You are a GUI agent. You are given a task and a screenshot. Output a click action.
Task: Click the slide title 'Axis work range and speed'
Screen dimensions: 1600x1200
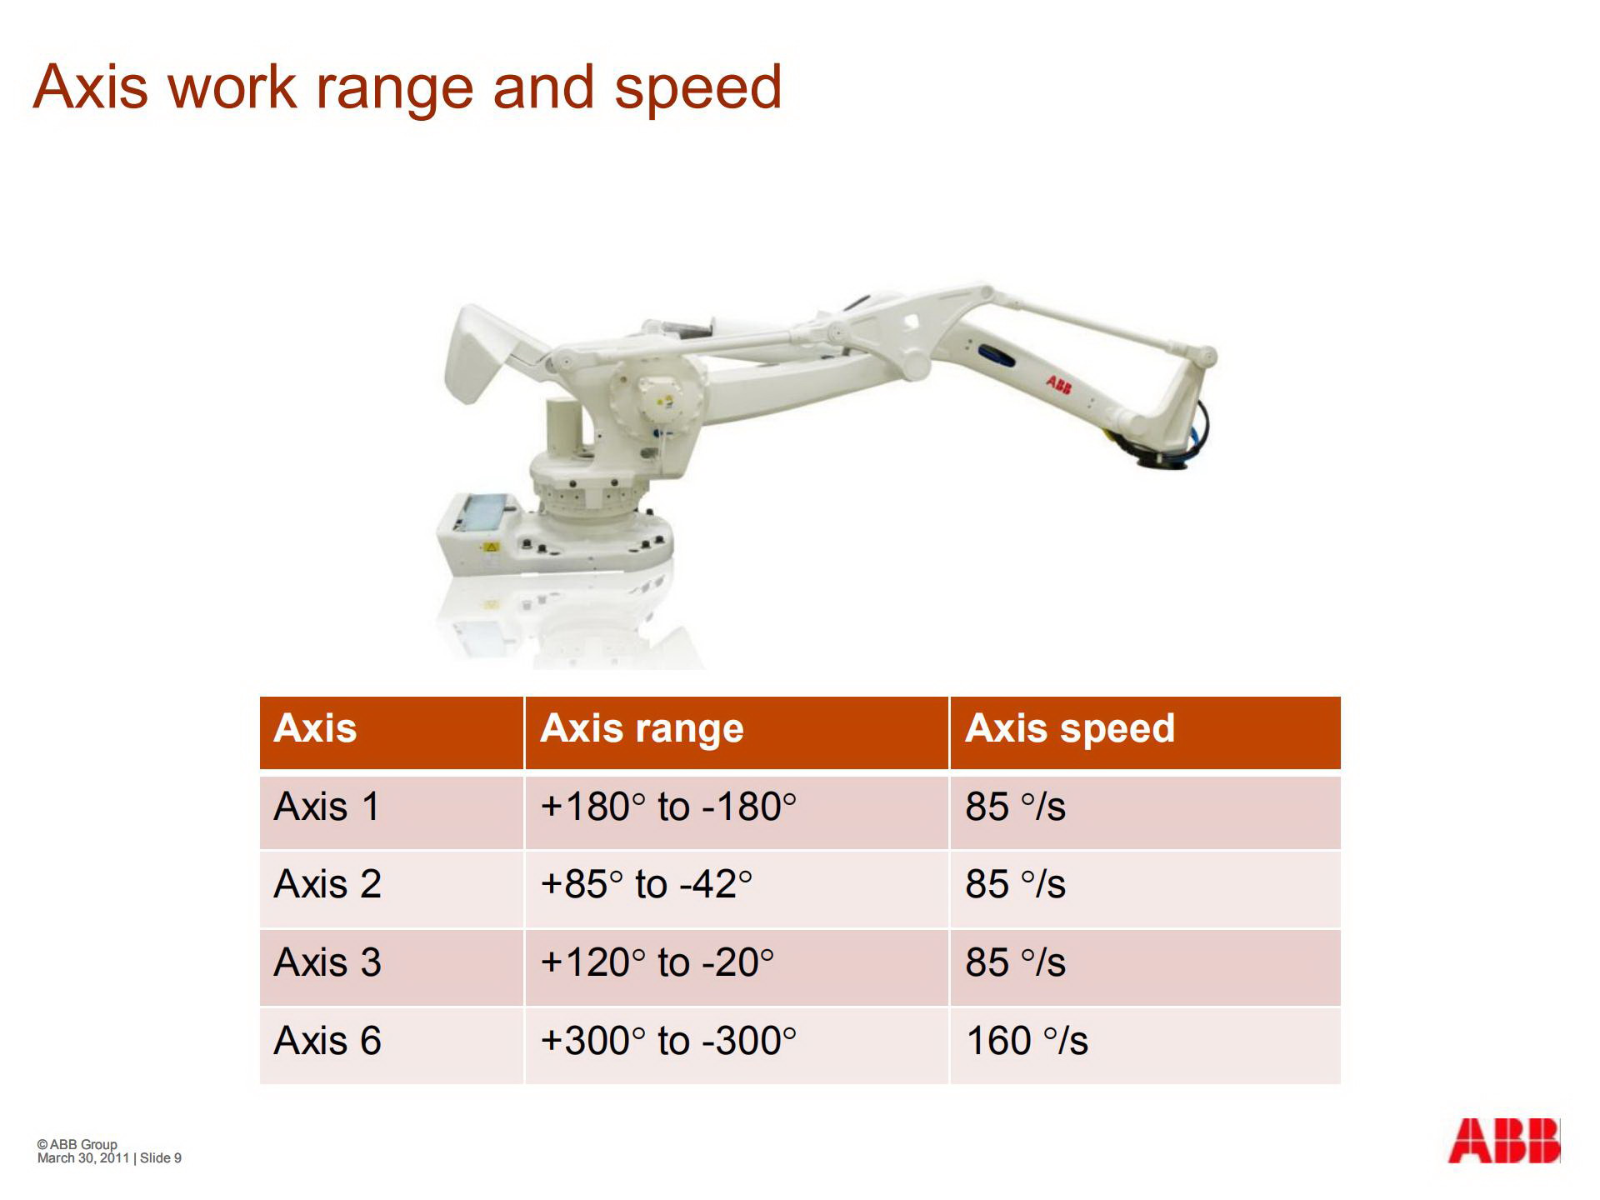pyautogui.click(x=407, y=87)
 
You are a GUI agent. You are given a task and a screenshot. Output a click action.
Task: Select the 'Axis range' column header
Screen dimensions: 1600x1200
pyautogui.click(x=642, y=728)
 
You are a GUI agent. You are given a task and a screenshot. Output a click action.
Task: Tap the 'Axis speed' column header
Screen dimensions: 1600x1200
pyautogui.click(x=1070, y=728)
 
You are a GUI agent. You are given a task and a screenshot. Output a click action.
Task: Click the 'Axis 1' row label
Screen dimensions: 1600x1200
pyautogui.click(x=327, y=807)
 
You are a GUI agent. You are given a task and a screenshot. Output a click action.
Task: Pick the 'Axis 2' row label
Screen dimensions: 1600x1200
pyautogui.click(x=327, y=884)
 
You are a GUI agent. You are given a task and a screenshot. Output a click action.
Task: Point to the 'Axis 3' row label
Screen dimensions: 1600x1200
pyautogui.click(x=327, y=962)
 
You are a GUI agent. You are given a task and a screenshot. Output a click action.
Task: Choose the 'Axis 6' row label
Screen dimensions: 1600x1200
pyautogui.click(x=327, y=1041)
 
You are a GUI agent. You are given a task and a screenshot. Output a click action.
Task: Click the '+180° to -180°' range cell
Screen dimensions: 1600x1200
pyautogui.click(x=668, y=807)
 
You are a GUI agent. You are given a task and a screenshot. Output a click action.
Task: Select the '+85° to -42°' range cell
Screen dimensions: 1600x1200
pyautogui.click(x=647, y=884)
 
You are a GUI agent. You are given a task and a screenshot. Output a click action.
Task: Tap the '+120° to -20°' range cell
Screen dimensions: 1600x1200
pyautogui.click(x=657, y=962)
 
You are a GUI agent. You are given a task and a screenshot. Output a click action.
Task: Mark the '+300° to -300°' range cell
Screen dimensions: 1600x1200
pyautogui.click(x=668, y=1041)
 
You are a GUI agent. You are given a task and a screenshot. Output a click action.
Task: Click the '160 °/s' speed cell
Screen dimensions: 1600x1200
pyautogui.click(x=1027, y=1041)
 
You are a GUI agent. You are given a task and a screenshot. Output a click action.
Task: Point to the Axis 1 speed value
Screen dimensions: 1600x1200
pyautogui.click(x=1016, y=807)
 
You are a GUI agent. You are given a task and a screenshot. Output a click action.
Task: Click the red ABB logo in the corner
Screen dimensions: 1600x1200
pyautogui.click(x=1504, y=1141)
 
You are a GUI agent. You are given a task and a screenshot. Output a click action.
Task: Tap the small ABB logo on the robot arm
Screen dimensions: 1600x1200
pyautogui.click(x=1059, y=384)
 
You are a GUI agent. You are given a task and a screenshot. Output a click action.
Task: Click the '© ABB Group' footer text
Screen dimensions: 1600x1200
pyautogui.click(x=77, y=1144)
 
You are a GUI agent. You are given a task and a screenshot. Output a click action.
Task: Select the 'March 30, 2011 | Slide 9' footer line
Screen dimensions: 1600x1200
pyautogui.click(x=109, y=1157)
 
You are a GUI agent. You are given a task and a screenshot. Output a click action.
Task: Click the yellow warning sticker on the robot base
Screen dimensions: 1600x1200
pyautogui.click(x=491, y=547)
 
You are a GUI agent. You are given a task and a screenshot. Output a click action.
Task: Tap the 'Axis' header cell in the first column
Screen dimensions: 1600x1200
pyautogui.click(x=315, y=728)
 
